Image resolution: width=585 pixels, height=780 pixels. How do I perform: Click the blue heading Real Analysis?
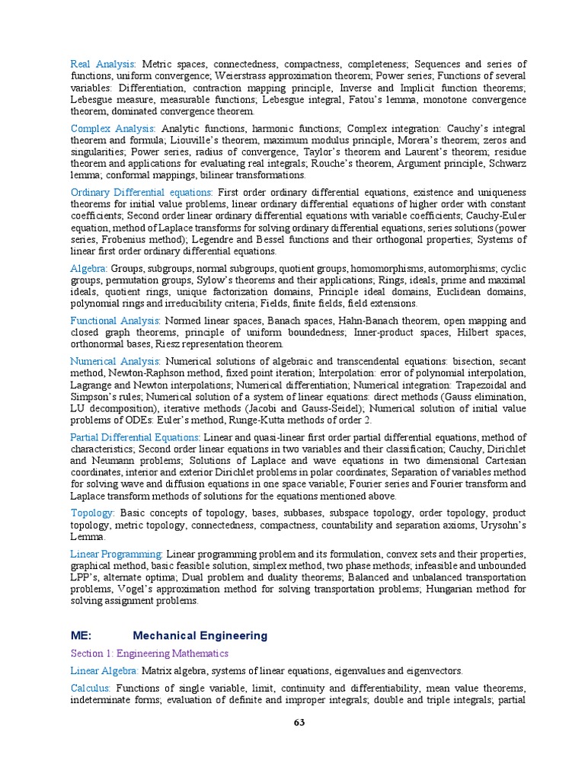103,64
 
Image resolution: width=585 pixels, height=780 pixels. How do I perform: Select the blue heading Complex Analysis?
113,129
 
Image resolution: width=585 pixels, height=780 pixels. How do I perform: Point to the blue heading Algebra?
89,269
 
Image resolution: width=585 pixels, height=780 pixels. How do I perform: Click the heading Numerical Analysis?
115,361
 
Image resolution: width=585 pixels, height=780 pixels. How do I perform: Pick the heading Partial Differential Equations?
136,437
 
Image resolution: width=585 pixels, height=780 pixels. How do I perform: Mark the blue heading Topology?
92,513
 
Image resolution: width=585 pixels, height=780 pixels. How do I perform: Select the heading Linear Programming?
117,553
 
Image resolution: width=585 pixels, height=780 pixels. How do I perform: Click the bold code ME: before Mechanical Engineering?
81,635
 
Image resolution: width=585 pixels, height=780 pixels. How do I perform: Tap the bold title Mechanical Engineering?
200,635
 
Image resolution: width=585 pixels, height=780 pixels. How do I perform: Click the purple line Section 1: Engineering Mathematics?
149,654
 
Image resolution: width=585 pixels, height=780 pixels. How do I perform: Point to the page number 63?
299,723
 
